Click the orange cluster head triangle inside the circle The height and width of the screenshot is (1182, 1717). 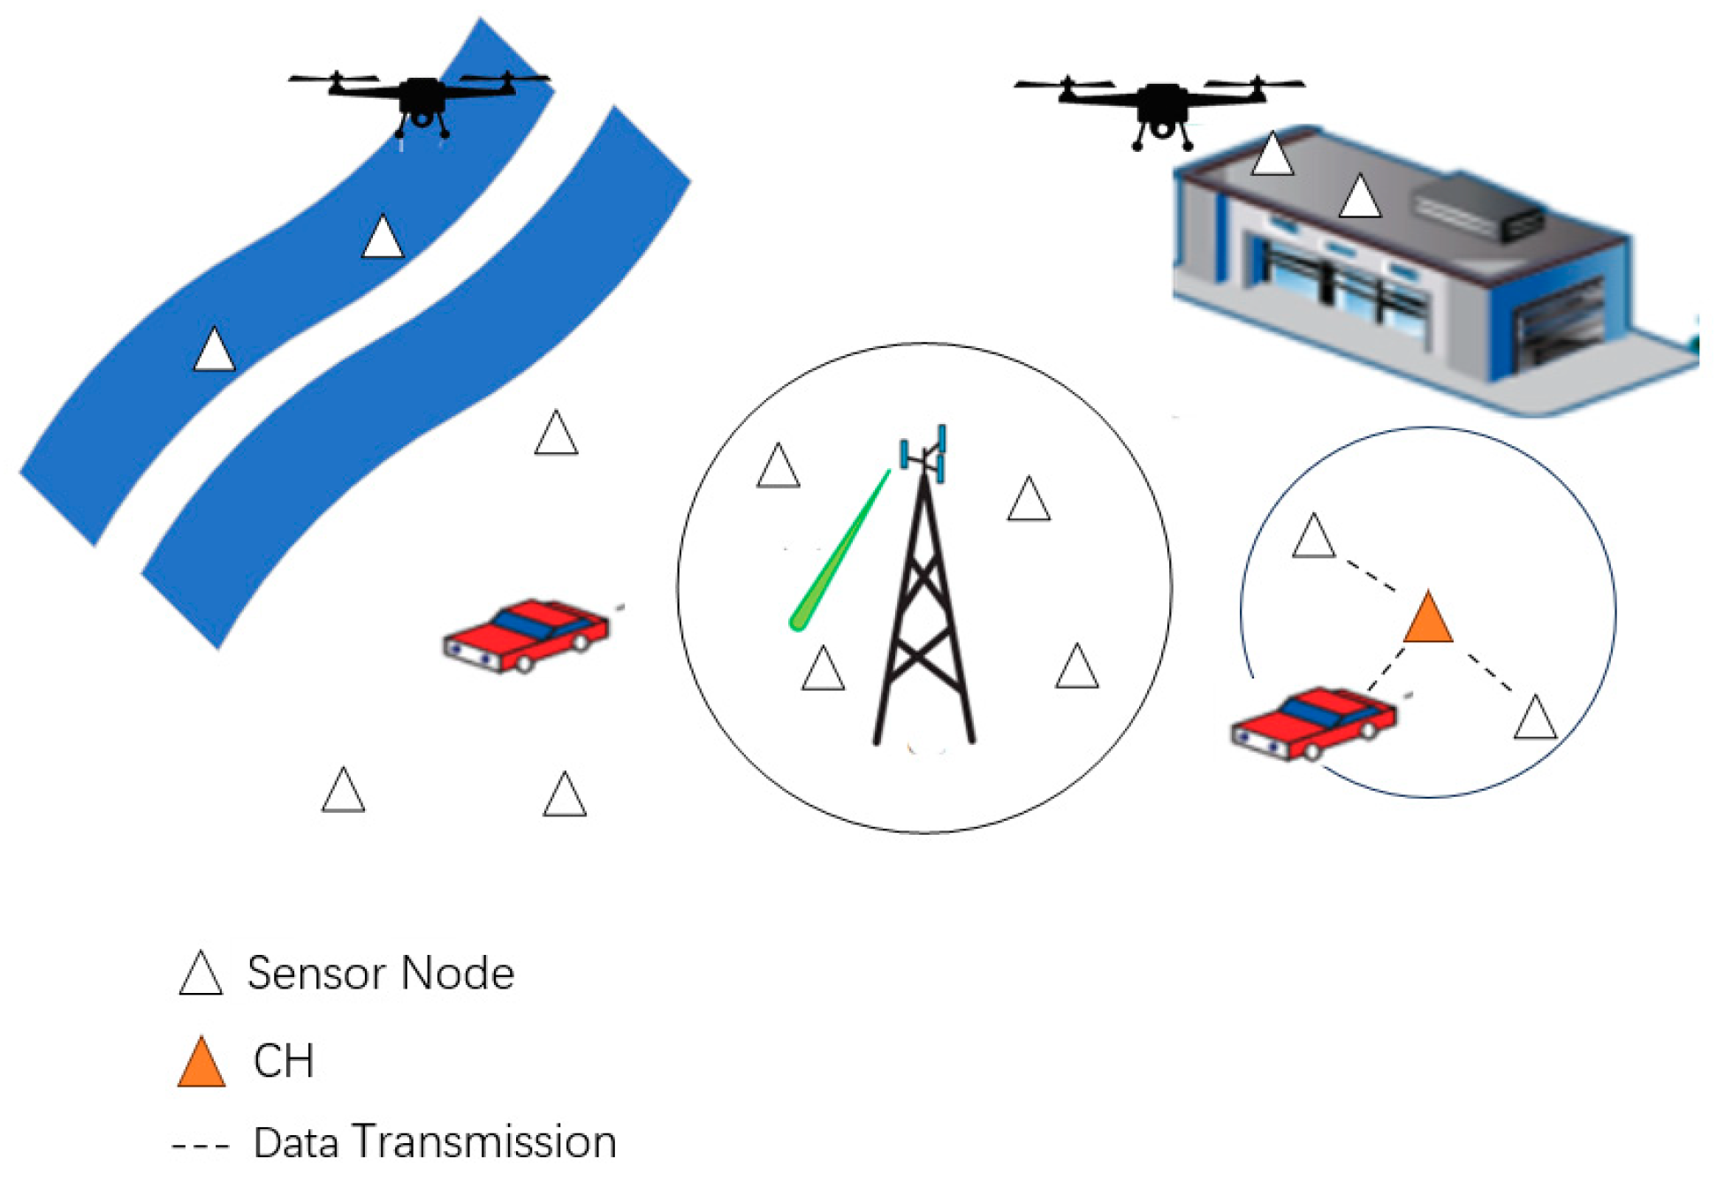pos(1428,620)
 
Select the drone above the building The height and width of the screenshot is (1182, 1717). pos(1159,106)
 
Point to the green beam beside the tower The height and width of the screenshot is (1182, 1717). pos(840,553)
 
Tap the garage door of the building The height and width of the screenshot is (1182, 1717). pos(1561,323)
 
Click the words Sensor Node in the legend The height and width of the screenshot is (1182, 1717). pos(380,974)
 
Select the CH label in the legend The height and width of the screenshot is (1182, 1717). pos(283,1060)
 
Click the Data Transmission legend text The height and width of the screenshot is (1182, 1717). pos(435,1141)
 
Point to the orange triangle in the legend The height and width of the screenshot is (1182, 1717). pos(201,1064)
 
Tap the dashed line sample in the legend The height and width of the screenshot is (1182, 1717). pos(201,1147)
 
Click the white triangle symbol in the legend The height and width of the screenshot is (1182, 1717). pos(201,975)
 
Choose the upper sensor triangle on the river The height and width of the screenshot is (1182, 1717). pos(383,239)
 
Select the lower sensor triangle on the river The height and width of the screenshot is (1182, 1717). pos(214,351)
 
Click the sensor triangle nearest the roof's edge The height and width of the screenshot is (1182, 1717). pos(1273,155)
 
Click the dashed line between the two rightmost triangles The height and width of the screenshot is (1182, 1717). pos(1490,673)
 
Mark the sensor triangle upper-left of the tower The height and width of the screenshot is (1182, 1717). pos(778,467)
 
